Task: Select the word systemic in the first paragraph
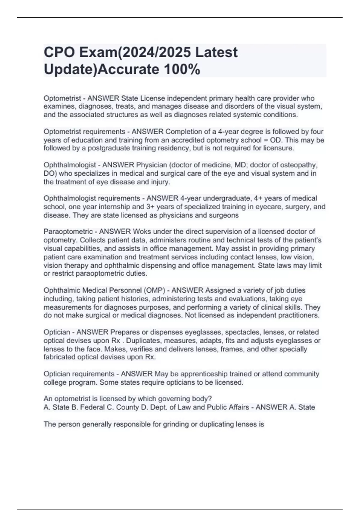point(242,115)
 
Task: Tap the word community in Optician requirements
point(301,374)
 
